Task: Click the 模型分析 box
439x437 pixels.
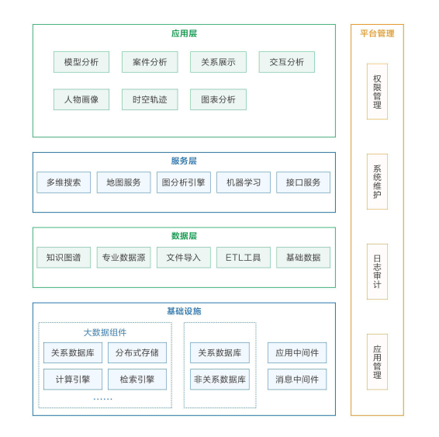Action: click(x=81, y=62)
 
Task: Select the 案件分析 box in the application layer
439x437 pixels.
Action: click(x=150, y=62)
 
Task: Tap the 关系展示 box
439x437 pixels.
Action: click(x=219, y=62)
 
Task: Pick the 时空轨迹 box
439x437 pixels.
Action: click(x=150, y=99)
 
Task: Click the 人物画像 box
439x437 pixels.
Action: click(x=81, y=99)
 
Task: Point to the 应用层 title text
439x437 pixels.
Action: click(x=184, y=33)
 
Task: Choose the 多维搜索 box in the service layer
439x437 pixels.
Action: click(x=64, y=182)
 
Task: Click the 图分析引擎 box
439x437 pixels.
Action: click(x=184, y=182)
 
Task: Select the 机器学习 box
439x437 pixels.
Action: click(x=244, y=182)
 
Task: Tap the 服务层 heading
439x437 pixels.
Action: click(x=184, y=161)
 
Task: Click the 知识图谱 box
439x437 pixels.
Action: click(x=64, y=258)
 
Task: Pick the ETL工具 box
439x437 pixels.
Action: click(x=244, y=258)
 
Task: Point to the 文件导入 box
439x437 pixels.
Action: click(x=184, y=258)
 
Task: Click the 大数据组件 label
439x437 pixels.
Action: click(x=105, y=332)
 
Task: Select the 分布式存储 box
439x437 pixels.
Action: click(x=137, y=352)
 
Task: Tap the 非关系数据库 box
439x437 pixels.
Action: click(x=219, y=380)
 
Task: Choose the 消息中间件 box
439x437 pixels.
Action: click(x=297, y=380)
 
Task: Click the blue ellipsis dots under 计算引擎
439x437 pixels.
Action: click(x=102, y=399)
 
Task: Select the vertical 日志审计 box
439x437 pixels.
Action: click(x=377, y=272)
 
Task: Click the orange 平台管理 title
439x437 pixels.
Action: click(x=377, y=33)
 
